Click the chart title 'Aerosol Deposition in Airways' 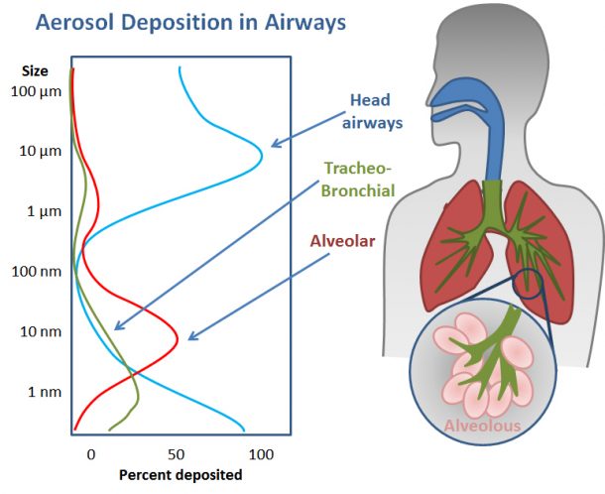point(190,23)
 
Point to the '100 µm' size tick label point(36,92)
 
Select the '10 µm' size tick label point(40,152)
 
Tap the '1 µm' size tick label point(44,211)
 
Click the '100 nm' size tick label point(37,272)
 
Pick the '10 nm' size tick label point(41,331)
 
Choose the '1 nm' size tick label point(45,392)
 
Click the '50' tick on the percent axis point(176,454)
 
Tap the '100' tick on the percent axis point(261,454)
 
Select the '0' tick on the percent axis point(90,454)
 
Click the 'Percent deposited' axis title point(181,475)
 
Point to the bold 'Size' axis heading point(35,71)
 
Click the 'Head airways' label point(372,111)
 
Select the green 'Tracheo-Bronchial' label point(358,180)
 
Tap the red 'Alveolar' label point(342,241)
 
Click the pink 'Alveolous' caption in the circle point(482,426)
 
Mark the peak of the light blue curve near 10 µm point(262,157)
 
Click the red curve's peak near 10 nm point(178,339)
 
